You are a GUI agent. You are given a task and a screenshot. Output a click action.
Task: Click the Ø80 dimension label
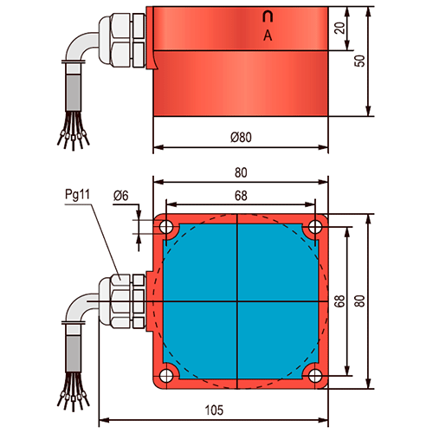coord(241,137)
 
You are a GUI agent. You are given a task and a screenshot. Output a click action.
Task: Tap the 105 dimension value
coord(214,410)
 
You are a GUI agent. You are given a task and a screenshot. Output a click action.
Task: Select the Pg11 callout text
coord(77,194)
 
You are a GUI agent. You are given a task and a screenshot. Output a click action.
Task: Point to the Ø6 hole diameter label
coord(120,196)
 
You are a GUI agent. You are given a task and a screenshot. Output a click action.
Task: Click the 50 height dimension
coord(359,61)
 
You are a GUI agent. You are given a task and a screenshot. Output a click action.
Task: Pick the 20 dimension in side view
coord(340,28)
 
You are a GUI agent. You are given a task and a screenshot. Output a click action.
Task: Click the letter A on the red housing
coord(268,36)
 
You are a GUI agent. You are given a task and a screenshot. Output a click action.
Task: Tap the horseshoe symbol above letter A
coord(268,16)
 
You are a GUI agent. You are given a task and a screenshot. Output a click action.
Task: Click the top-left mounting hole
coord(166,227)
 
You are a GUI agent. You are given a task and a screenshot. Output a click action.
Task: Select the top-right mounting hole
coord(315,227)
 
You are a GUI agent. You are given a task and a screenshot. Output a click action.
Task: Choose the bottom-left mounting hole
coord(166,376)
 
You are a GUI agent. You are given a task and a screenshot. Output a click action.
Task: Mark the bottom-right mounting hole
coord(315,376)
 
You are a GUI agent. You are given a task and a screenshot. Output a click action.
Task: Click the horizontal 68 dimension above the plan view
coord(241,196)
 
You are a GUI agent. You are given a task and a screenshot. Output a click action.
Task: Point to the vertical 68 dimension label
coord(340,301)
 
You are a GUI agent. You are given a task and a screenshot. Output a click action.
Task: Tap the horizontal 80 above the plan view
coord(241,172)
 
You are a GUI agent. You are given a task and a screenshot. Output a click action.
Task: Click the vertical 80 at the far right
coord(359,301)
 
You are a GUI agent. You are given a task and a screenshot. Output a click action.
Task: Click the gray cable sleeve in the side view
coord(74,93)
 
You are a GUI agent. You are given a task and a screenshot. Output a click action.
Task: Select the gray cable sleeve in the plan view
coord(74,353)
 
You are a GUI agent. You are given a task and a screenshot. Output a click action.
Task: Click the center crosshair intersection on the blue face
coord(237,301)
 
